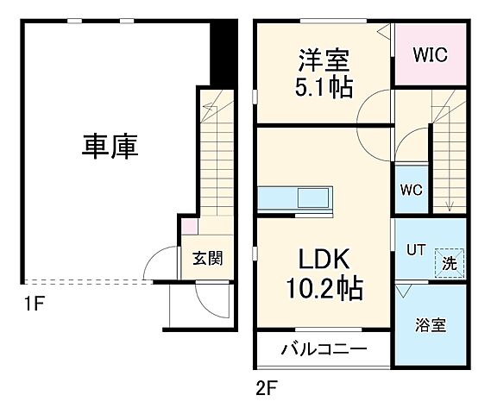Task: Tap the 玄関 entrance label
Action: click(x=207, y=257)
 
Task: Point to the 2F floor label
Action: click(x=266, y=387)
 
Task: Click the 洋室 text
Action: click(x=324, y=60)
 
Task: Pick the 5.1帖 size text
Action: click(x=324, y=87)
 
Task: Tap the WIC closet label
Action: click(x=428, y=55)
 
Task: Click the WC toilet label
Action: click(x=409, y=191)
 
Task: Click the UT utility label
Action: click(x=417, y=249)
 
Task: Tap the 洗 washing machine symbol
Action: click(x=450, y=260)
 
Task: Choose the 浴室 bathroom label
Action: click(x=430, y=325)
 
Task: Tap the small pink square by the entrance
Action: click(x=189, y=228)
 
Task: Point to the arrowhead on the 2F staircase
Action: click(x=449, y=205)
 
